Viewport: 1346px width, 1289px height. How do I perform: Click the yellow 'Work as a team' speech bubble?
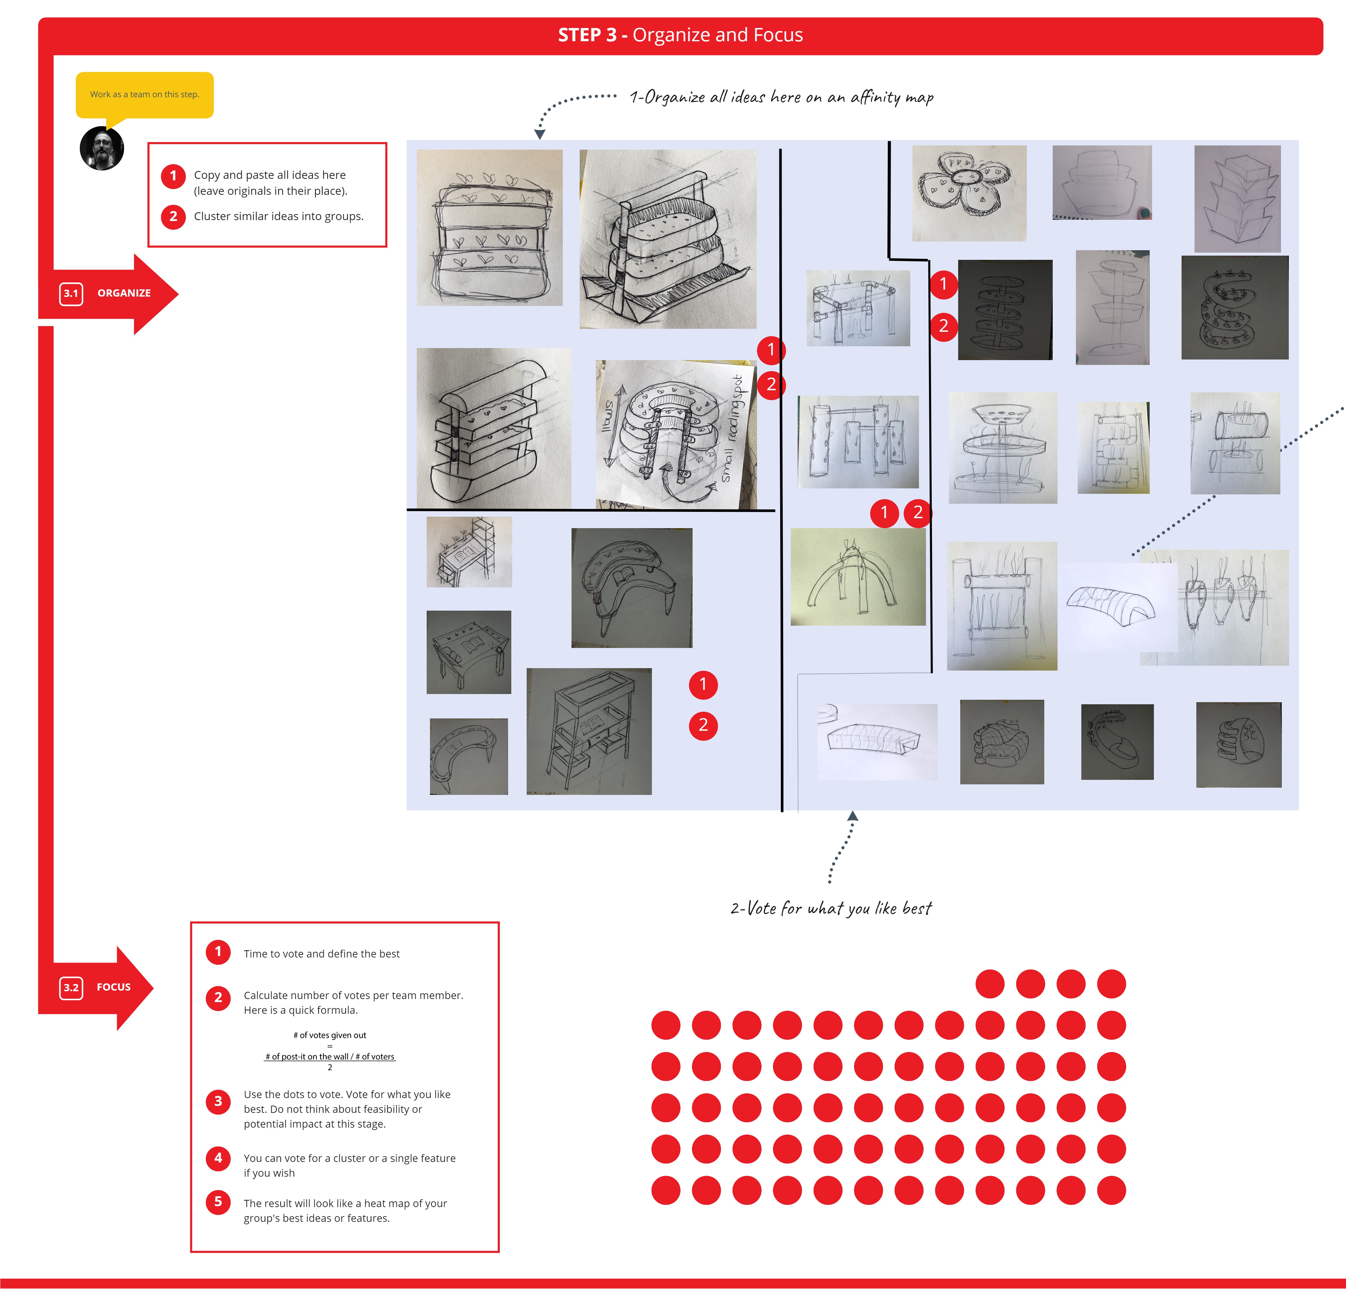point(144,95)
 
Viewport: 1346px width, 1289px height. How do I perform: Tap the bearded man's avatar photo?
point(102,148)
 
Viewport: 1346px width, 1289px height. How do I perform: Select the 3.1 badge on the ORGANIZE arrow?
point(71,293)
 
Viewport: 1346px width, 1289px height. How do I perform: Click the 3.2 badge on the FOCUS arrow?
point(71,988)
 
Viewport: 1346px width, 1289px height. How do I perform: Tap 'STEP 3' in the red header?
point(587,35)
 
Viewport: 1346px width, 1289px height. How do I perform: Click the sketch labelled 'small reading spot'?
point(675,434)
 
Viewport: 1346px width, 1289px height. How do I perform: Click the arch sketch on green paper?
point(858,577)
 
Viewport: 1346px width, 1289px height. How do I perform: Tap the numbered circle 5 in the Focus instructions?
point(218,1202)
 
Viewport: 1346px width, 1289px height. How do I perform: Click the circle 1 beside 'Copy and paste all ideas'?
point(173,176)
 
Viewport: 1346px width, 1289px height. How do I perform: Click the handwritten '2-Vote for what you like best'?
point(831,908)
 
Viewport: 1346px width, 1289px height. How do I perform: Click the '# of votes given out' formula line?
point(330,1035)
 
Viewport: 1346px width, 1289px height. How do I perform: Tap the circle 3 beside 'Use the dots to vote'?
point(218,1101)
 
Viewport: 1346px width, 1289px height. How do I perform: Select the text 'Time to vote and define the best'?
point(321,954)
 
